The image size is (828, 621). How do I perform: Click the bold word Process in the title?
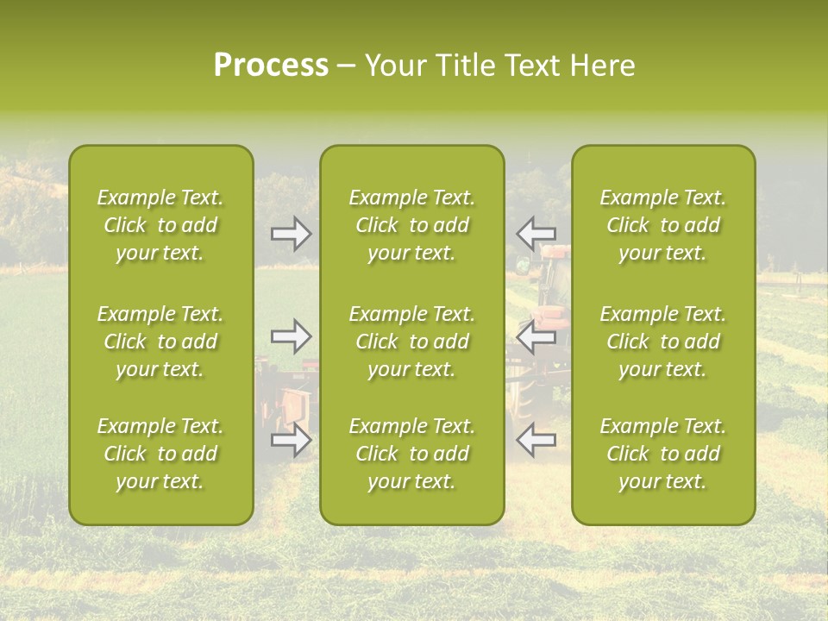[x=271, y=66]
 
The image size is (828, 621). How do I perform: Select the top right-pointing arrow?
[x=291, y=234]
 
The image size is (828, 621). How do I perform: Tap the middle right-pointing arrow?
[x=291, y=336]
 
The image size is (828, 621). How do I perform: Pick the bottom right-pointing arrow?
[x=291, y=440]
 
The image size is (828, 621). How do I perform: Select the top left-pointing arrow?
[x=536, y=234]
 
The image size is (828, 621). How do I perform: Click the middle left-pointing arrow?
[x=536, y=336]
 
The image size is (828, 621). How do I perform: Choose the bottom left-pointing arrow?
[x=536, y=440]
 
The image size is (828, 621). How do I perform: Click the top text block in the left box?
[x=160, y=225]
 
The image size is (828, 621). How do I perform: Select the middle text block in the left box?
[x=160, y=342]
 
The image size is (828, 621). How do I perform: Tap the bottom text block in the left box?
[x=160, y=454]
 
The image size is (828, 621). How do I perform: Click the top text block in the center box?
[x=411, y=225]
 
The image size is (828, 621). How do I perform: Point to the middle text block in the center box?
[x=411, y=342]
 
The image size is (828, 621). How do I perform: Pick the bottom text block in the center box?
[x=411, y=454]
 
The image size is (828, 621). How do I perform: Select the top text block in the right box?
[x=663, y=225]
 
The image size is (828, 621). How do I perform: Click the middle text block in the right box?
[x=663, y=342]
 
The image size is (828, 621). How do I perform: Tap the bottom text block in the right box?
[x=663, y=454]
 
